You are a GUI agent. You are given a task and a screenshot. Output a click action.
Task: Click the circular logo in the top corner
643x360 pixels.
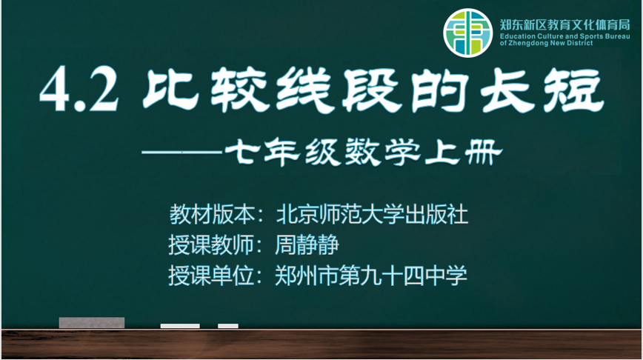[x=467, y=33]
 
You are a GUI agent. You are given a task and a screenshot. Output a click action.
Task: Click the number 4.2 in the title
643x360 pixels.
[x=79, y=90]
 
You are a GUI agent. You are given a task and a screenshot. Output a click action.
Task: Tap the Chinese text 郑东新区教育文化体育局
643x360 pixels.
[x=564, y=25]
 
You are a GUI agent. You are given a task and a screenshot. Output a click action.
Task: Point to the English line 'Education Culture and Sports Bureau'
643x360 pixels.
[x=564, y=36]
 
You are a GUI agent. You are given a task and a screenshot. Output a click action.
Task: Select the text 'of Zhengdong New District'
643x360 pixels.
[x=546, y=43]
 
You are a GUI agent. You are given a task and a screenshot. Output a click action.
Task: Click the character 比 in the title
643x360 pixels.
[x=170, y=90]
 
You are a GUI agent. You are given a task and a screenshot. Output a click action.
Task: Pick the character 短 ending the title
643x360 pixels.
[x=574, y=90]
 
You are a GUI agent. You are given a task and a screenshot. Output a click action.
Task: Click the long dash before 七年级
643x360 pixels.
[x=182, y=153]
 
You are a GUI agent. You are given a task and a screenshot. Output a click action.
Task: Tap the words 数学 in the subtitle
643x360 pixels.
[x=383, y=152]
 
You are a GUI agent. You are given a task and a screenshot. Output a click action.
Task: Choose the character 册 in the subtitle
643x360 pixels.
[x=484, y=152]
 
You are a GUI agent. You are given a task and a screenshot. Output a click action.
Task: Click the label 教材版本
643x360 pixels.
[x=212, y=214]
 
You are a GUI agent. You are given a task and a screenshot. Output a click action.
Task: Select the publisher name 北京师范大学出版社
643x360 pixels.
[x=372, y=214]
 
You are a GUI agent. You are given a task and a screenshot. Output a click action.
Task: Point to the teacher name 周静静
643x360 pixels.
[x=307, y=244]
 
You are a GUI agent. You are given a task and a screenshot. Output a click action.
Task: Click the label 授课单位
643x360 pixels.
[x=211, y=275]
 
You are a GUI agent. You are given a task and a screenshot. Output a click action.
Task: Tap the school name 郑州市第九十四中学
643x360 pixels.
[x=370, y=275]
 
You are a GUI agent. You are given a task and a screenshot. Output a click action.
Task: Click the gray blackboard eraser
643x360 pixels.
[x=91, y=323]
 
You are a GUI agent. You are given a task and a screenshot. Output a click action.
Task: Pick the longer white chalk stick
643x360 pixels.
[x=180, y=326]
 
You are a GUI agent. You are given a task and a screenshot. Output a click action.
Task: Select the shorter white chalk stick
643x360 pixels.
[x=228, y=326]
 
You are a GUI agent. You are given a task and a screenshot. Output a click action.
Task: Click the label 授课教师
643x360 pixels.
[x=211, y=244]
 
